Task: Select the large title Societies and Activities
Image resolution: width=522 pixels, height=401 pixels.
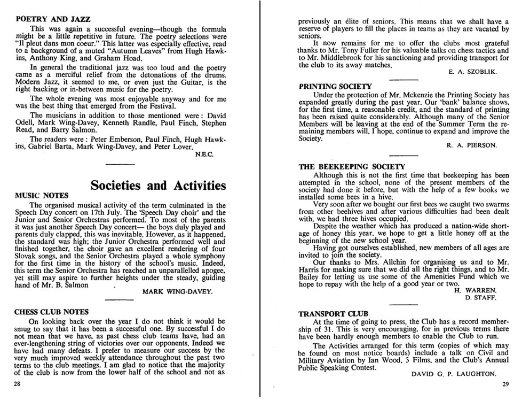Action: click(x=158, y=185)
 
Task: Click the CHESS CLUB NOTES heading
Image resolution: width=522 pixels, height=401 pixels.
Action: click(x=51, y=312)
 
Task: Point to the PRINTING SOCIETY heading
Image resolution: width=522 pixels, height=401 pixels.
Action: click(x=335, y=86)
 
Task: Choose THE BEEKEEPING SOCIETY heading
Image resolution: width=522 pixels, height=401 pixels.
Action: click(x=352, y=166)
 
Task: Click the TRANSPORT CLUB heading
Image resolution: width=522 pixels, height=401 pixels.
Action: click(x=333, y=313)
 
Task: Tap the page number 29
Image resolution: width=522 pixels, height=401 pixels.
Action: click(x=505, y=383)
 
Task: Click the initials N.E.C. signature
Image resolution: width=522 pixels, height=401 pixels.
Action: click(x=207, y=155)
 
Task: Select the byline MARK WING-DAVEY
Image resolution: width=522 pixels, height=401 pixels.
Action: click(x=178, y=292)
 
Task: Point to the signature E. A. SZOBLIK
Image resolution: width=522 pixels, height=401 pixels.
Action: click(x=470, y=71)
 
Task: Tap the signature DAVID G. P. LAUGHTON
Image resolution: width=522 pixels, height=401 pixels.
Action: click(x=454, y=374)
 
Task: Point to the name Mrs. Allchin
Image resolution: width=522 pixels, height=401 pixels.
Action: click(x=368, y=263)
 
